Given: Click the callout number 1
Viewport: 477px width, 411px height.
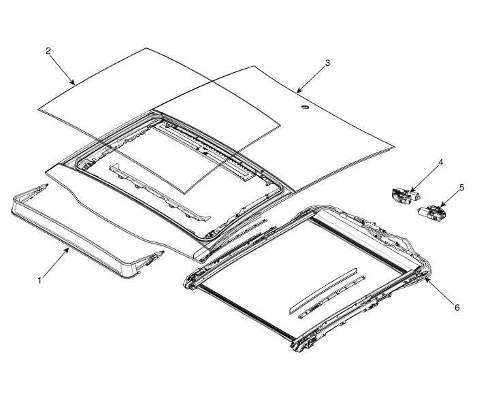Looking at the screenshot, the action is click(39, 280).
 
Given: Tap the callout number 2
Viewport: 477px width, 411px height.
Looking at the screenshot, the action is click(48, 50).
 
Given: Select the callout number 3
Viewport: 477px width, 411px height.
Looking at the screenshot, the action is click(327, 63).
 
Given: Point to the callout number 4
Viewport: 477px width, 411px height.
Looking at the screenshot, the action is click(440, 162).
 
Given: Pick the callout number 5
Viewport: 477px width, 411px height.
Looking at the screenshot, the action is click(462, 188).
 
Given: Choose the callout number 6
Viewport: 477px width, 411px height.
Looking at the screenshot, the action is click(457, 308).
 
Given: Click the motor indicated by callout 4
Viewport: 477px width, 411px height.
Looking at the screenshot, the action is click(405, 196).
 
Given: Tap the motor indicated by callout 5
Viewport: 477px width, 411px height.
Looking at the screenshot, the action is click(432, 212).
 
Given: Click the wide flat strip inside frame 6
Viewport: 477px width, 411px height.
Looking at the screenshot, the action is click(323, 290).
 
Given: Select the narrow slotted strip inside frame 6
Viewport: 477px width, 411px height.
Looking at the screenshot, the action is click(331, 297).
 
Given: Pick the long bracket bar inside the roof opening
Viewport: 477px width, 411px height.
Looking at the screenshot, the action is click(159, 192).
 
